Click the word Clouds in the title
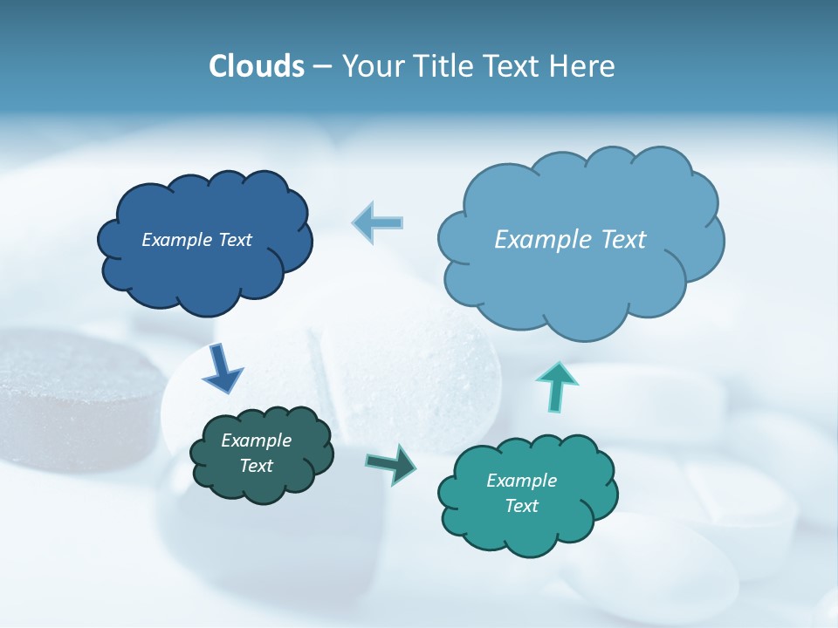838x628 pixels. tap(256, 66)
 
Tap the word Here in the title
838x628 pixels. tap(582, 66)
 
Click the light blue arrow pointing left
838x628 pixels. tap(379, 222)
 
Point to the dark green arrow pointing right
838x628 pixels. tap(392, 464)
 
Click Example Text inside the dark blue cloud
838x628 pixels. tap(196, 240)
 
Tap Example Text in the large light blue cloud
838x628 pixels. tap(570, 240)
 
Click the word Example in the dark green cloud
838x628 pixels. tap(256, 440)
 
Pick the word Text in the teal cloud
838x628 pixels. tap(521, 506)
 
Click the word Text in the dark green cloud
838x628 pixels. tap(256, 466)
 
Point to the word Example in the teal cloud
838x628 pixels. tap(521, 481)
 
